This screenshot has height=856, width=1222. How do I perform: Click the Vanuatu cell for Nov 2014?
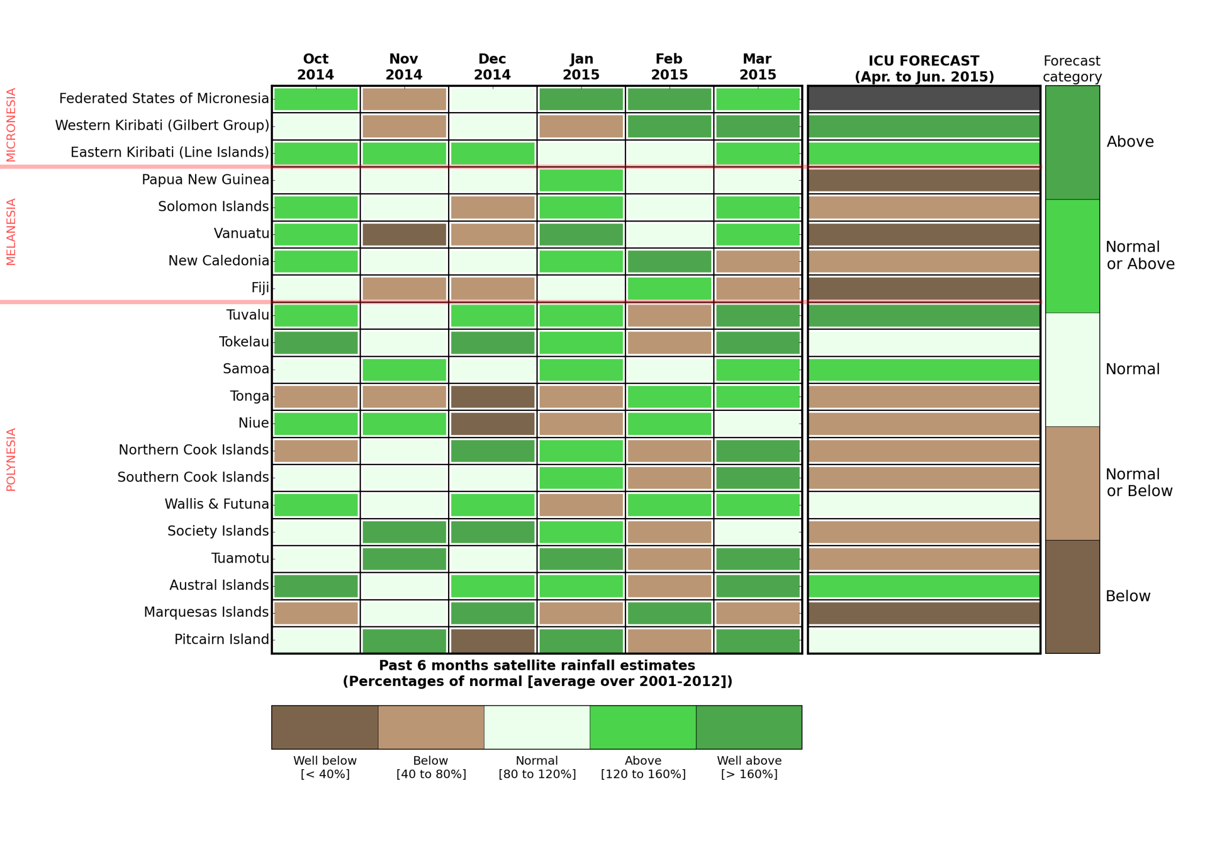[x=404, y=234]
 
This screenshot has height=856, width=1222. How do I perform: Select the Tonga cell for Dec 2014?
[x=493, y=397]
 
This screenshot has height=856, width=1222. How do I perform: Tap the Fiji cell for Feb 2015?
[x=669, y=289]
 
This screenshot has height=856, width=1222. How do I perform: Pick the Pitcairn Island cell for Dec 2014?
[x=493, y=640]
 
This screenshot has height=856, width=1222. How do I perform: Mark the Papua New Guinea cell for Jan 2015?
[x=581, y=180]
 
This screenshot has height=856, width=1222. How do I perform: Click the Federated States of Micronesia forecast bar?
[x=924, y=99]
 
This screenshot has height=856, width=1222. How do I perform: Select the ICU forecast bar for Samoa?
[x=924, y=370]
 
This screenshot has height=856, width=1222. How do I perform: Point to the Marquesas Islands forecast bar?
[x=924, y=613]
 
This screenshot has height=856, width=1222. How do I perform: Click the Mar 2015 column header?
[x=757, y=67]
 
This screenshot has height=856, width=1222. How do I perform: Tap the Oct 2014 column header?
[x=316, y=67]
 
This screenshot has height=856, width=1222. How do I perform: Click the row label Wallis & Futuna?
[x=217, y=504]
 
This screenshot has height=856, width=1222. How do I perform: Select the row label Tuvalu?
[x=248, y=315]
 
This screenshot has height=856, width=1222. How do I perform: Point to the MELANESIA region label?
[x=11, y=232]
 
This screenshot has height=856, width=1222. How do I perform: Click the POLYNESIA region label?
[x=11, y=460]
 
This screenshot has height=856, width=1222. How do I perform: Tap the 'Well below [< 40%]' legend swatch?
[x=324, y=727]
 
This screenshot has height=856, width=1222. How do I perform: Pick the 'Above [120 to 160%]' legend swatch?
[x=643, y=727]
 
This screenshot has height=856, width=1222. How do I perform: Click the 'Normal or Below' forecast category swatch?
[x=1072, y=483]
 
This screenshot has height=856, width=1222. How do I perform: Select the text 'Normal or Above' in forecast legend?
[x=1139, y=255]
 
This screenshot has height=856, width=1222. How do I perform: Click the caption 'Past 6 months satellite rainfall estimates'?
[x=537, y=666]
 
